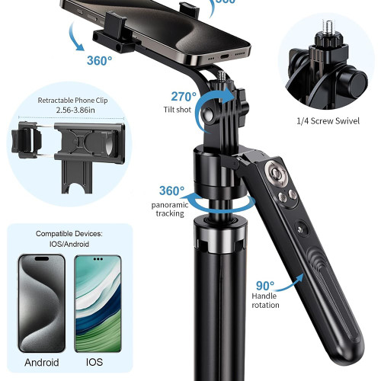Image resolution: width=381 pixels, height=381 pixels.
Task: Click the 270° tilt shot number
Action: point(184,97)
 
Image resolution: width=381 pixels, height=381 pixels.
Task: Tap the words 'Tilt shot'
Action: point(178,110)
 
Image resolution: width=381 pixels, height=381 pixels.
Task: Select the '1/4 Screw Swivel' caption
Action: point(328,121)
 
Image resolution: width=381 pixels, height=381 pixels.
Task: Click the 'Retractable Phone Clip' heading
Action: point(72,101)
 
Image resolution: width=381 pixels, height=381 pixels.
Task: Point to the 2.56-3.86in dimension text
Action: point(75,110)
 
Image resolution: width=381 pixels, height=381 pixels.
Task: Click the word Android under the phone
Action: point(42,362)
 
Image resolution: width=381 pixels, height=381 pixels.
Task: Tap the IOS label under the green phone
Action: point(94,362)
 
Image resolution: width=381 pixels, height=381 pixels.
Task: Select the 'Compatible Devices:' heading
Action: point(69,234)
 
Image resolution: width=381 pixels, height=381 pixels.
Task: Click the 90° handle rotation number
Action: point(265,286)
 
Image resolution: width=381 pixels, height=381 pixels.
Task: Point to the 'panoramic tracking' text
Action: point(170,209)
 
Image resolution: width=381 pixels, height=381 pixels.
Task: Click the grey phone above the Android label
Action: point(41,303)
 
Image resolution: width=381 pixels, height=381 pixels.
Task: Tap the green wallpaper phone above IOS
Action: point(98,304)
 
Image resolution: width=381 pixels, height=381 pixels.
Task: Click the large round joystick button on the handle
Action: point(276,174)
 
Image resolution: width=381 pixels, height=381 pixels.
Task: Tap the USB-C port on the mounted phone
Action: point(225,56)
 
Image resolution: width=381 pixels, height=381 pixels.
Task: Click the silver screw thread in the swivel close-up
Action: point(327,27)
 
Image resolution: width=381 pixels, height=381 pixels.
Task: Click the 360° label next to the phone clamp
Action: point(99,61)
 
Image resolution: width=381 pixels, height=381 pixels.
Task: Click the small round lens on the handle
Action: point(302,229)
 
